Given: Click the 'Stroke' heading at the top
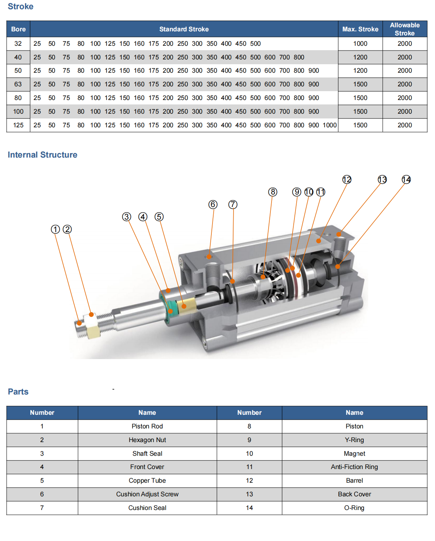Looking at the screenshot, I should [x=21, y=7].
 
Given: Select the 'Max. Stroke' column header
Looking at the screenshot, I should [x=360, y=29].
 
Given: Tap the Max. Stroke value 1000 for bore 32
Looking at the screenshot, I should [x=360, y=44].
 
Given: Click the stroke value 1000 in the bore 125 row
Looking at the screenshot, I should [x=329, y=125].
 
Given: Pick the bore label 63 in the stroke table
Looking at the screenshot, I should [x=18, y=84].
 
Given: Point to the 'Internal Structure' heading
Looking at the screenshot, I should [x=42, y=155].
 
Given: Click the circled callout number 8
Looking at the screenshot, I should [x=273, y=192].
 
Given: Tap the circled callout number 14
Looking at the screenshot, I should [x=406, y=180].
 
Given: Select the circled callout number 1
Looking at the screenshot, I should [x=55, y=230].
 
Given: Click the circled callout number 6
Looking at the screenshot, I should [x=213, y=204].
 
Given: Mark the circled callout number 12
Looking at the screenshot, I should [x=347, y=180].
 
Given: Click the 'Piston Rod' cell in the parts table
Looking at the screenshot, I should [x=147, y=426].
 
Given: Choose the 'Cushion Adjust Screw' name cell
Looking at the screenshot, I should [x=147, y=494].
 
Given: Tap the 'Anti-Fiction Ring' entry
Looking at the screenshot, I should [x=354, y=467].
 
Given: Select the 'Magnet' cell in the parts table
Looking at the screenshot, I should [x=354, y=454].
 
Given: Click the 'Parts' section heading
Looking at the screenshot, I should [x=18, y=392].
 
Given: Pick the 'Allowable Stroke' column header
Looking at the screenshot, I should [x=405, y=29].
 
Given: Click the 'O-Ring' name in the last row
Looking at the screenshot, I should [x=354, y=508].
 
